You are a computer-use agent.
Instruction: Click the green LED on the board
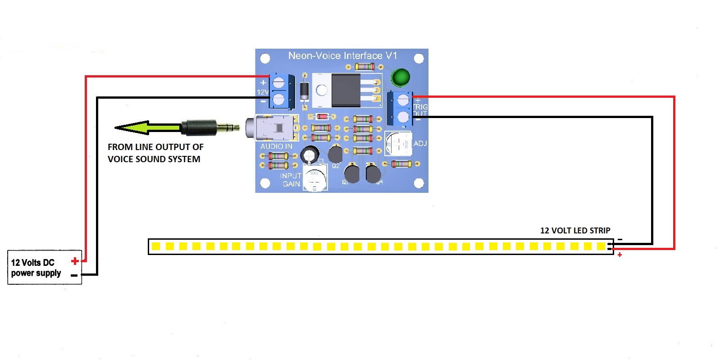pyautogui.click(x=400, y=77)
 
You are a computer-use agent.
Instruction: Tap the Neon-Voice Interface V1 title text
pyautogui.click(x=342, y=56)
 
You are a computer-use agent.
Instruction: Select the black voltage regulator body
pyautogui.click(x=346, y=90)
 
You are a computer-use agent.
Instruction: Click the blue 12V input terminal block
pyautogui.click(x=280, y=91)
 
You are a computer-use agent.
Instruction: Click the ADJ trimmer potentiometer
pyautogui.click(x=398, y=144)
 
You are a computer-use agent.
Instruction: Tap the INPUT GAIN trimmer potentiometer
pyautogui.click(x=314, y=179)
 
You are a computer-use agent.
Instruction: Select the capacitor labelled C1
pyautogui.click(x=310, y=155)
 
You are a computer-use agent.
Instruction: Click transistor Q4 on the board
pyautogui.click(x=373, y=174)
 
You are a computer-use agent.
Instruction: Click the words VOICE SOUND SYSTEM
pyautogui.click(x=154, y=159)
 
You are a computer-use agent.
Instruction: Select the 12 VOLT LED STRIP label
pyautogui.click(x=575, y=231)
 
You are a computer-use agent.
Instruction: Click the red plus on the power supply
pyautogui.click(x=75, y=261)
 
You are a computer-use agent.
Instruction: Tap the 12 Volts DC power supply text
pyautogui.click(x=36, y=268)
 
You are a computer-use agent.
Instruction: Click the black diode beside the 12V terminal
pyautogui.click(x=305, y=91)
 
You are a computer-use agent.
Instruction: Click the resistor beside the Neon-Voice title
pyautogui.click(x=365, y=67)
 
